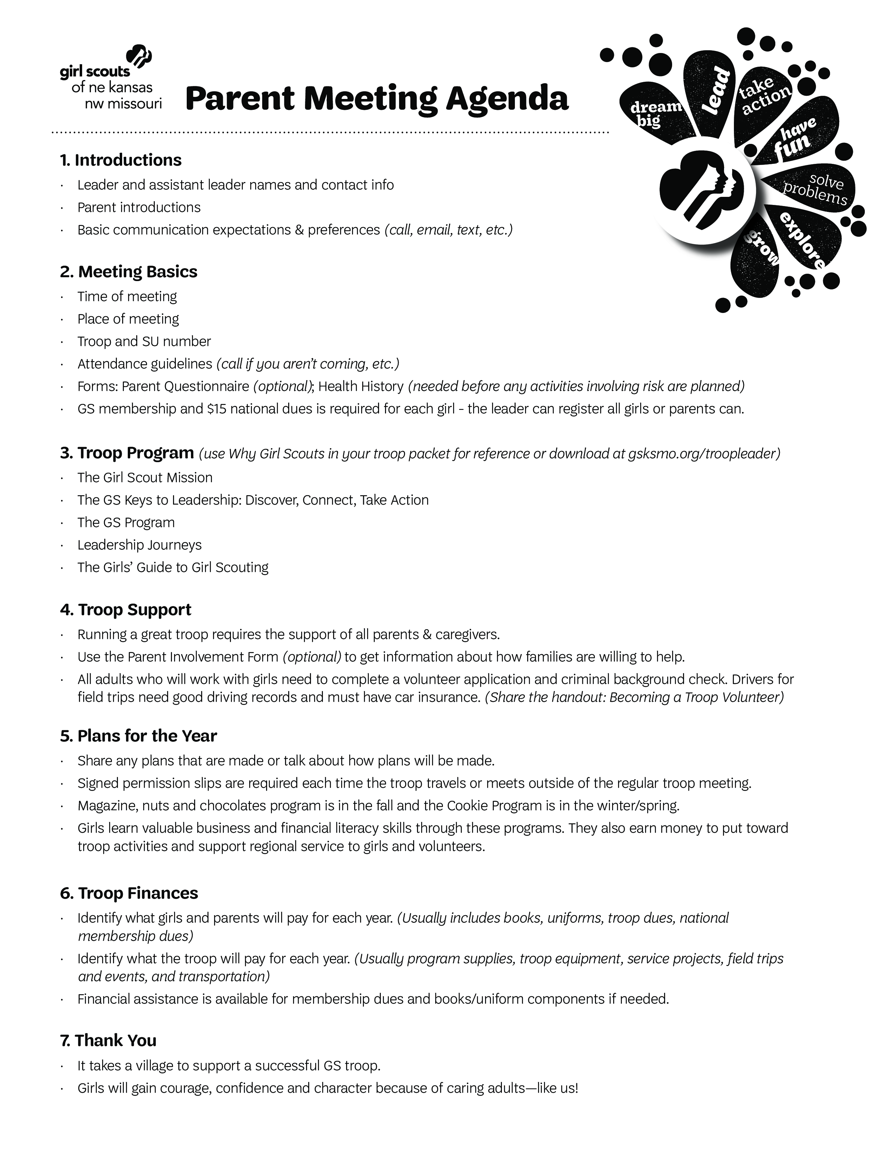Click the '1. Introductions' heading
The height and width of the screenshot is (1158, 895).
tap(120, 160)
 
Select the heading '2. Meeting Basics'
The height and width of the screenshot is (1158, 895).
tap(128, 272)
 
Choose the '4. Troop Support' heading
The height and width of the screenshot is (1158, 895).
tap(126, 610)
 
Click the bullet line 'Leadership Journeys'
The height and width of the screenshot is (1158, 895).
tap(139, 545)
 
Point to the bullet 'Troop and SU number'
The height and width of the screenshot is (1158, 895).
tap(144, 341)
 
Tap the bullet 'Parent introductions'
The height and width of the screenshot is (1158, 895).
tap(139, 207)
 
